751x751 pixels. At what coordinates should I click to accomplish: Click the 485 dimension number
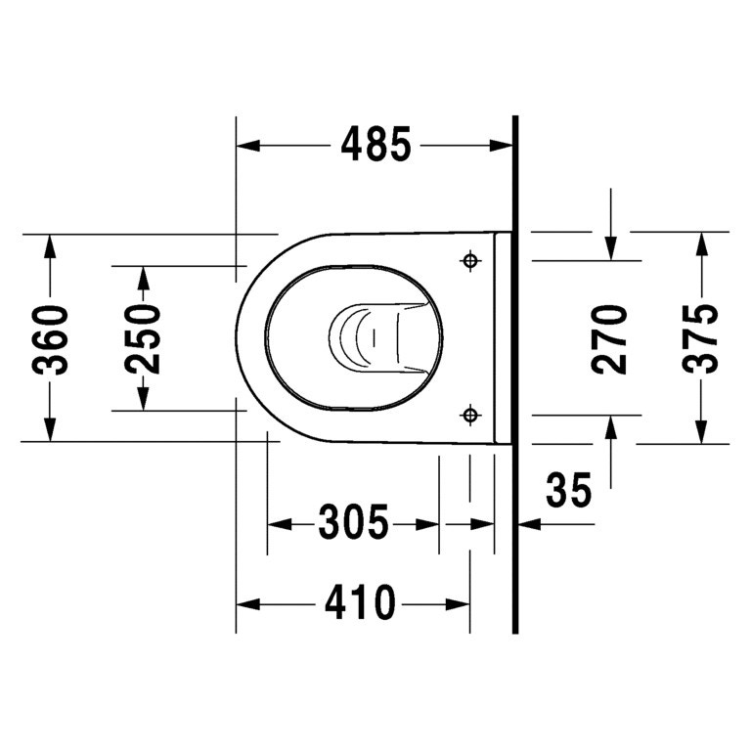click(x=376, y=146)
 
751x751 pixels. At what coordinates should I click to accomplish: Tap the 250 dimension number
click(x=143, y=338)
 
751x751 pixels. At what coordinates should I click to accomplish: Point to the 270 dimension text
click(x=611, y=338)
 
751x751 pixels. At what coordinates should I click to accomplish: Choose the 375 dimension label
click(x=700, y=338)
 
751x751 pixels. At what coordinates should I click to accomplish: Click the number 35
click(x=569, y=492)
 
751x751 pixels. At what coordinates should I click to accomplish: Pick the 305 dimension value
click(x=353, y=524)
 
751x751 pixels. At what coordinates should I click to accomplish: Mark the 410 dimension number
click(x=360, y=603)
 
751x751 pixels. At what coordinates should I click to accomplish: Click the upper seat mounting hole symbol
click(x=470, y=261)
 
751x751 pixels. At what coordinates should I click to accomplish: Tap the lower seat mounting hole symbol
click(x=470, y=416)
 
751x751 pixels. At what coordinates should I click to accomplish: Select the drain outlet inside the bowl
click(x=367, y=335)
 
